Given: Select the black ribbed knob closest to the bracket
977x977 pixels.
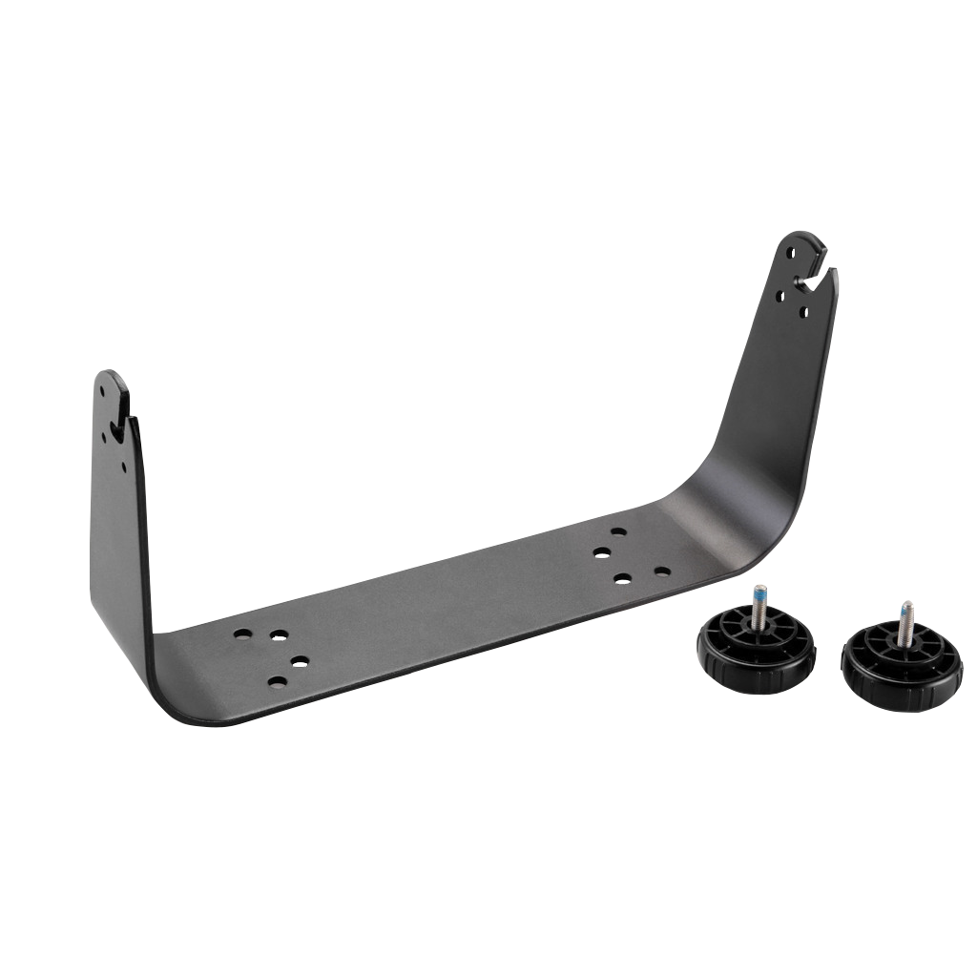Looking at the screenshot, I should (756, 654).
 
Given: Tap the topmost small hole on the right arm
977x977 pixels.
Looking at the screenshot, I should (790, 254).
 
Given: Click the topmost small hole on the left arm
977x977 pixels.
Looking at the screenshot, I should (102, 389).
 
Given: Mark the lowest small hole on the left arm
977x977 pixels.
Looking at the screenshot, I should (123, 467).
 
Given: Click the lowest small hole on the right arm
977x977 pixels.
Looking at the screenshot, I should (804, 311).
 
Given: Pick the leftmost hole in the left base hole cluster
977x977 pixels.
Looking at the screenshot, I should (243, 634).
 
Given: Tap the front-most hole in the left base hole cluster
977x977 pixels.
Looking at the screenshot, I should (277, 682).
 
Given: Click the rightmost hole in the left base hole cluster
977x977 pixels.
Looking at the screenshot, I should (300, 661).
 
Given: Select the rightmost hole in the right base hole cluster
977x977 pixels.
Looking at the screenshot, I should (661, 572).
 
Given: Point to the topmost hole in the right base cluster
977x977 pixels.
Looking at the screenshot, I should (618, 531).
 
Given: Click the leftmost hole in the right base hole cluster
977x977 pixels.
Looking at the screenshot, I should (601, 552).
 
